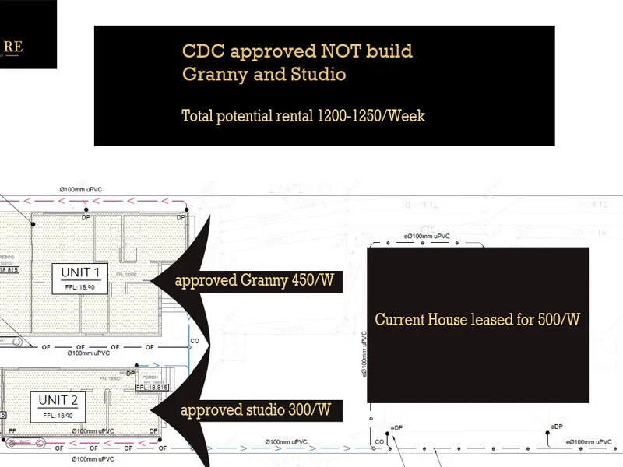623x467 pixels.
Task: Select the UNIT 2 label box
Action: point(58,406)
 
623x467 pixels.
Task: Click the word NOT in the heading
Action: point(340,51)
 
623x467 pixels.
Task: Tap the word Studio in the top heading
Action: point(316,75)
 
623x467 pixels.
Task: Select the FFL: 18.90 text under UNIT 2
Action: point(58,416)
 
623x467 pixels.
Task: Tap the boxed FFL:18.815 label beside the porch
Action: point(152,387)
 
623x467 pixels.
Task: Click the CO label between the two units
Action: point(195,340)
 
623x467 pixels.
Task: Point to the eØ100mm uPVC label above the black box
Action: point(427,236)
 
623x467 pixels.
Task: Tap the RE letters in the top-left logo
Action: point(13,47)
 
